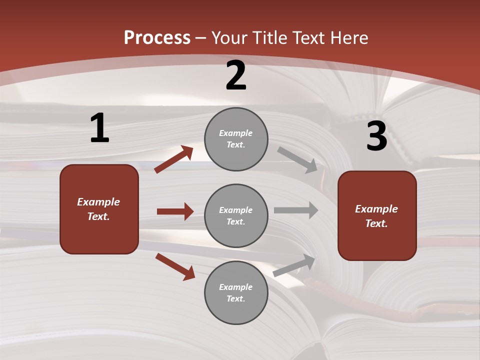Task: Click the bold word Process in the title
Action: point(157,38)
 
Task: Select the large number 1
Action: point(99,128)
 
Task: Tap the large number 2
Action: point(236,75)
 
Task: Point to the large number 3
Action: point(376,136)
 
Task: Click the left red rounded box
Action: point(99,209)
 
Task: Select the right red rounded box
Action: point(377,215)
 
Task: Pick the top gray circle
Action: point(236,139)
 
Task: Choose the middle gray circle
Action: point(236,215)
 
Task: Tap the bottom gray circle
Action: point(236,292)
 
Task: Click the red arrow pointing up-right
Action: point(174,159)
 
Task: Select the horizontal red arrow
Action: point(175,211)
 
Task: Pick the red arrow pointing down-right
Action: point(175,267)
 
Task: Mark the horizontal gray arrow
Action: point(296,210)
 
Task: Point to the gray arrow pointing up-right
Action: point(294,265)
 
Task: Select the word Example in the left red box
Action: point(98,202)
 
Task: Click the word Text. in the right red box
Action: point(376,223)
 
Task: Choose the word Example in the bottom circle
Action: point(236,287)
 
